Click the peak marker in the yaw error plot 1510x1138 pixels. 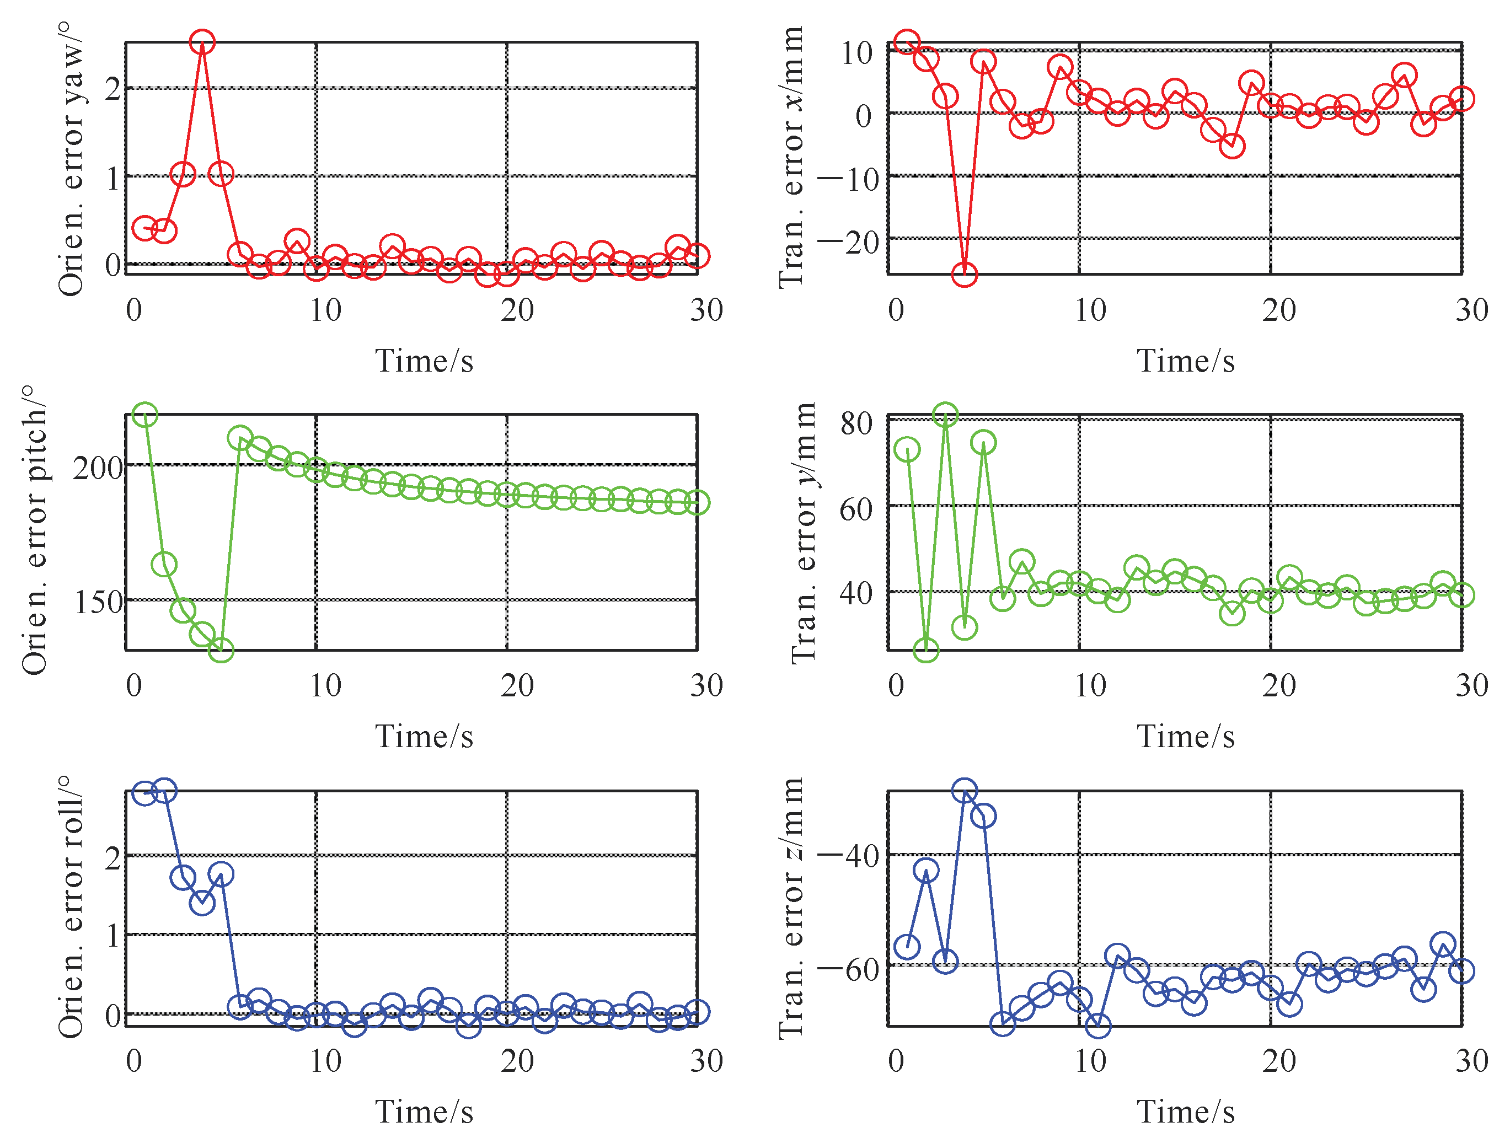(202, 42)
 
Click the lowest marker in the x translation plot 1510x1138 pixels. (964, 275)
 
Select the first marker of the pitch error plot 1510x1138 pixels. (144, 415)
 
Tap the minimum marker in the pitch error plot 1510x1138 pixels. (221, 649)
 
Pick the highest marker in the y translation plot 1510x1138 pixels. (945, 415)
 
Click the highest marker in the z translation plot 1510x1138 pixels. (964, 791)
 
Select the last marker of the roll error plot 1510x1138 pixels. (697, 1012)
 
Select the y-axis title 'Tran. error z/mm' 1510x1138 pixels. (792, 908)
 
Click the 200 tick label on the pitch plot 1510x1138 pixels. (98, 468)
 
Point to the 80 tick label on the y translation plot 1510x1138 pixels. (856, 423)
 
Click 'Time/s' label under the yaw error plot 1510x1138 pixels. (424, 361)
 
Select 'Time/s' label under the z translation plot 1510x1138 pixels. (1186, 1112)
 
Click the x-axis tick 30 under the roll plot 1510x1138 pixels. (706, 1061)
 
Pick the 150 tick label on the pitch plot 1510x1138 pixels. (98, 602)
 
